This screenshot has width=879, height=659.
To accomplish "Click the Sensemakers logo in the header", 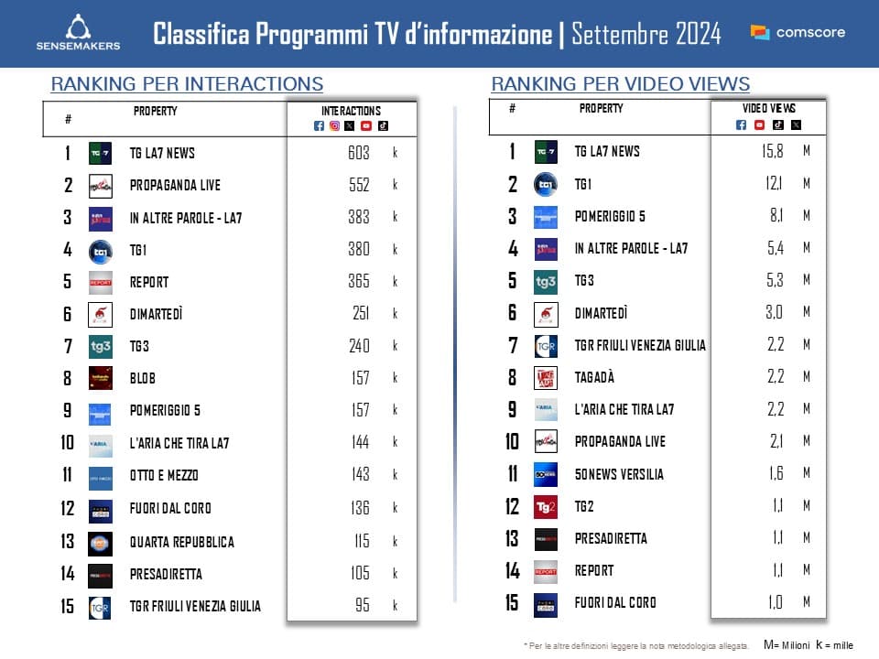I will click(77, 33).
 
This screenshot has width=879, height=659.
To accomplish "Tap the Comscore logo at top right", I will click(798, 32).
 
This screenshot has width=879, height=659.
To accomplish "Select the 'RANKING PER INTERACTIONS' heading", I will click(187, 84).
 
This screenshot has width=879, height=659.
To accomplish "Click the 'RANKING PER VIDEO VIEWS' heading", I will click(620, 84).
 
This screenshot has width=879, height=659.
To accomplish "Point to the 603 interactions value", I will click(358, 153).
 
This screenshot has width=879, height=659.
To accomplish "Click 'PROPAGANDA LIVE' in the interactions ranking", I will click(175, 185).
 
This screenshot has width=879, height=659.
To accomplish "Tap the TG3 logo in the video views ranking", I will click(546, 281).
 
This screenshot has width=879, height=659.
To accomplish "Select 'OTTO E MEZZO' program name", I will click(164, 475).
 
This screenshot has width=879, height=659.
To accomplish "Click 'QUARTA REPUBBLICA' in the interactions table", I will click(181, 542).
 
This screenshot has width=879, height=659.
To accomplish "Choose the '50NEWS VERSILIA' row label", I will click(619, 474).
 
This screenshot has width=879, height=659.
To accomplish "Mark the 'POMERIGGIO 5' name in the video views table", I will click(610, 216).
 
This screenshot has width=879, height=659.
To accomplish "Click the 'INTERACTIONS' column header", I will click(352, 111).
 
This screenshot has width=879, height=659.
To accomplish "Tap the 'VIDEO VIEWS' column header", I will click(768, 109).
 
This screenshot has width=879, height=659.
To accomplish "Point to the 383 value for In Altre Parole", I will click(358, 217).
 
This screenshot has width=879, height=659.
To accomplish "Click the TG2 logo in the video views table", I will click(546, 506).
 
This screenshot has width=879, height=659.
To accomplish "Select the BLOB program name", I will click(144, 377).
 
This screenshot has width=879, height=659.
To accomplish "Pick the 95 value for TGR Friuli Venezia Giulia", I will click(362, 606).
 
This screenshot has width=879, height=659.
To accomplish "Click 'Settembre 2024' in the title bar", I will click(646, 35).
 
